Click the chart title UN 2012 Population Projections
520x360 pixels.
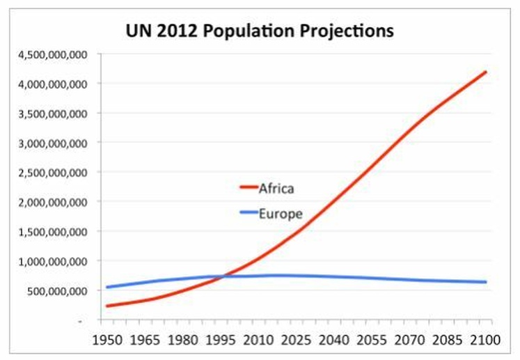coord(259,31)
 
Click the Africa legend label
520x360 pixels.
coord(276,188)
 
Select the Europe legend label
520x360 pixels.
coord(280,214)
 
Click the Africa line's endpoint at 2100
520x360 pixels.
coord(485,72)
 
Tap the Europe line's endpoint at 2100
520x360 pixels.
coord(485,282)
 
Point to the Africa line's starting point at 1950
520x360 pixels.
coord(107,306)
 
